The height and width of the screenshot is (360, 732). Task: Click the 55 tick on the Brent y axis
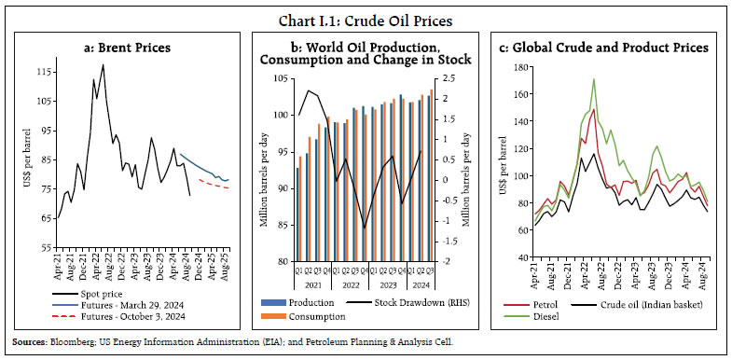[x=44, y=247]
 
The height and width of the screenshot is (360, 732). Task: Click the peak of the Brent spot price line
[x=103, y=64]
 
